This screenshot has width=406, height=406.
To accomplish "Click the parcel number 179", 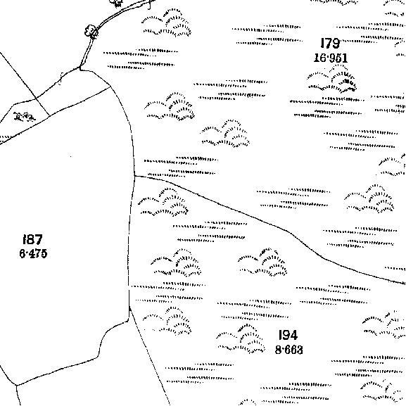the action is [x=330, y=43].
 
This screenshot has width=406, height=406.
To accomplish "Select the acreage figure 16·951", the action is [x=331, y=58].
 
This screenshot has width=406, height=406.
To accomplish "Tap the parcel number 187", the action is [x=32, y=239].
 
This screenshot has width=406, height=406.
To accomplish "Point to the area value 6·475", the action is [x=33, y=253].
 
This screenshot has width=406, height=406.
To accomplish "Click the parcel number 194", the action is [x=288, y=335].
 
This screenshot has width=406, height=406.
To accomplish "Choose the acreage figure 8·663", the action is [x=288, y=350].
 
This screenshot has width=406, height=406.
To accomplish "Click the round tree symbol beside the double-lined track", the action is [x=91, y=31].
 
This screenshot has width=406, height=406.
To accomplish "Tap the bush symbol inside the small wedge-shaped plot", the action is [x=25, y=117].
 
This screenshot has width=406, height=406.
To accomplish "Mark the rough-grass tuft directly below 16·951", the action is [x=332, y=79].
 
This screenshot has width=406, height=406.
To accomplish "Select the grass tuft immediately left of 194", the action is [x=241, y=339].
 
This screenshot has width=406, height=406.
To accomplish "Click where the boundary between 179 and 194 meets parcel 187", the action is [x=134, y=176].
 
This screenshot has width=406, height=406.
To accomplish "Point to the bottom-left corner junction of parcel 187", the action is [x=17, y=386].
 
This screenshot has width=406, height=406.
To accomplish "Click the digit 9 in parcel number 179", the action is [x=336, y=43].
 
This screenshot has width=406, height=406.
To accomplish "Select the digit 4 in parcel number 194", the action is [x=293, y=335].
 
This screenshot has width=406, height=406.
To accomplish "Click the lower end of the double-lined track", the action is [x=80, y=68].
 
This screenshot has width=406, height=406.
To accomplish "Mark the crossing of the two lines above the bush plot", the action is [x=36, y=99].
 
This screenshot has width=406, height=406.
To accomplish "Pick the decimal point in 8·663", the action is [x=283, y=350].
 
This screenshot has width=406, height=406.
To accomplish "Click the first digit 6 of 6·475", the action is [x=23, y=253].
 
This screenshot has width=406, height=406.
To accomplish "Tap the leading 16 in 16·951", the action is [x=319, y=58].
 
